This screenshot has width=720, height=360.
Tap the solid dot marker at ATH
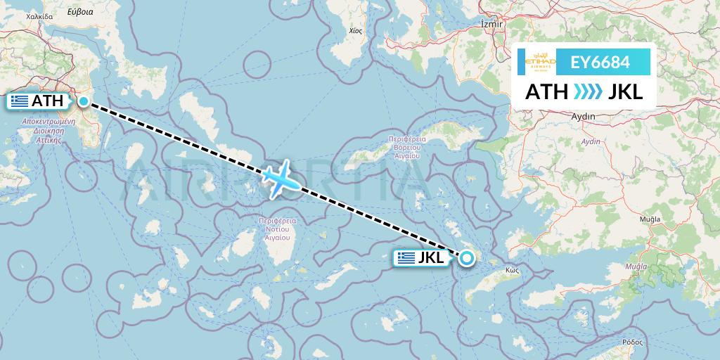84,101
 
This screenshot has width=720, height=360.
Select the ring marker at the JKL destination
468,259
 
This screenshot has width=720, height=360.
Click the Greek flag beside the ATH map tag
20,101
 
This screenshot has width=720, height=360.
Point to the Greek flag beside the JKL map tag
406,258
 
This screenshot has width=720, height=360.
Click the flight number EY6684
600,62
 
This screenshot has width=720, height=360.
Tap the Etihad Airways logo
541,62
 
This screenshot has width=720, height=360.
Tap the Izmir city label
491,24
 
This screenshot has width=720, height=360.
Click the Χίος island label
355,32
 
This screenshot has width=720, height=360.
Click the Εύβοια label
80,12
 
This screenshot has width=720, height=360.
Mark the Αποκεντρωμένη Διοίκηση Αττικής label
49,131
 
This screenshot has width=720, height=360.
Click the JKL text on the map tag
431,258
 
